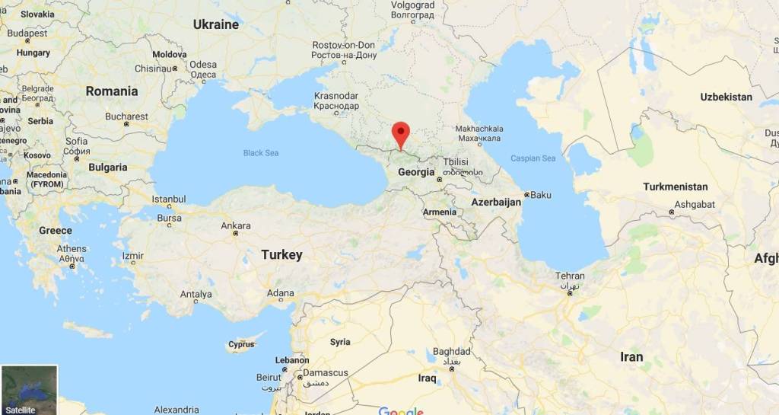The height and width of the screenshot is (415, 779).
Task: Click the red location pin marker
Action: [x=400, y=134]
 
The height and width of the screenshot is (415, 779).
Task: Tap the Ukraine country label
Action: [x=215, y=24]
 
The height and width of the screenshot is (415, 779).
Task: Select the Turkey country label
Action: [x=281, y=255]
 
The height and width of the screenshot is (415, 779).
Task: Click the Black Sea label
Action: [x=261, y=153]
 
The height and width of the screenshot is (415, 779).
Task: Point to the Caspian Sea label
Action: [x=533, y=158]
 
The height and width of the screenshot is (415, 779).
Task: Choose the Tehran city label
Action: [x=570, y=276]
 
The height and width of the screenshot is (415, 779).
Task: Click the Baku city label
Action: [x=540, y=194]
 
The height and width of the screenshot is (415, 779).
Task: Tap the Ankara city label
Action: [x=235, y=226]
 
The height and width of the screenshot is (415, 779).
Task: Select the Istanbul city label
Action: [x=169, y=200]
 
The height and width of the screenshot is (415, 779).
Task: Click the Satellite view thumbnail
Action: [x=29, y=390]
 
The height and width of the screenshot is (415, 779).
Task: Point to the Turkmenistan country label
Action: [x=675, y=187]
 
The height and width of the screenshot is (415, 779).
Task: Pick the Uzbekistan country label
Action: [x=726, y=97]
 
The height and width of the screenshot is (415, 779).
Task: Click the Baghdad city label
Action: [x=452, y=352]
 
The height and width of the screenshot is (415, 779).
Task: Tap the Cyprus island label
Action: [x=241, y=344]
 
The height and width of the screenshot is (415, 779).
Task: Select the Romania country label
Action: [x=112, y=91]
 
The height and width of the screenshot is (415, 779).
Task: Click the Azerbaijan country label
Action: [x=496, y=202]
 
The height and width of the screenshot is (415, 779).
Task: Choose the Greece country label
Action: [x=56, y=230]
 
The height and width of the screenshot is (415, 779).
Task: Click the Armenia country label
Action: [x=440, y=212]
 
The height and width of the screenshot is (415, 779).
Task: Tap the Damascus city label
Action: [x=326, y=372]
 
